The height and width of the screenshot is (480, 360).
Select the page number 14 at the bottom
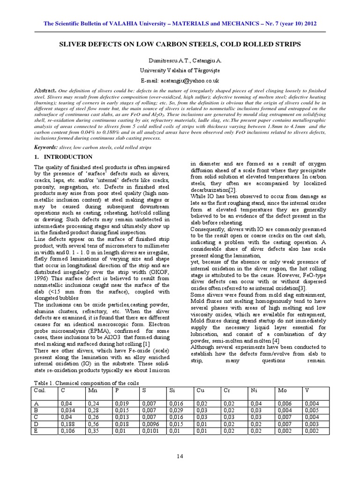coord(180,456)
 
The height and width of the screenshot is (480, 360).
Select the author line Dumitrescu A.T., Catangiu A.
coord(180,61)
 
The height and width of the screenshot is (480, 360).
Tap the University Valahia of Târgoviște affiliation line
coord(180,70)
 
